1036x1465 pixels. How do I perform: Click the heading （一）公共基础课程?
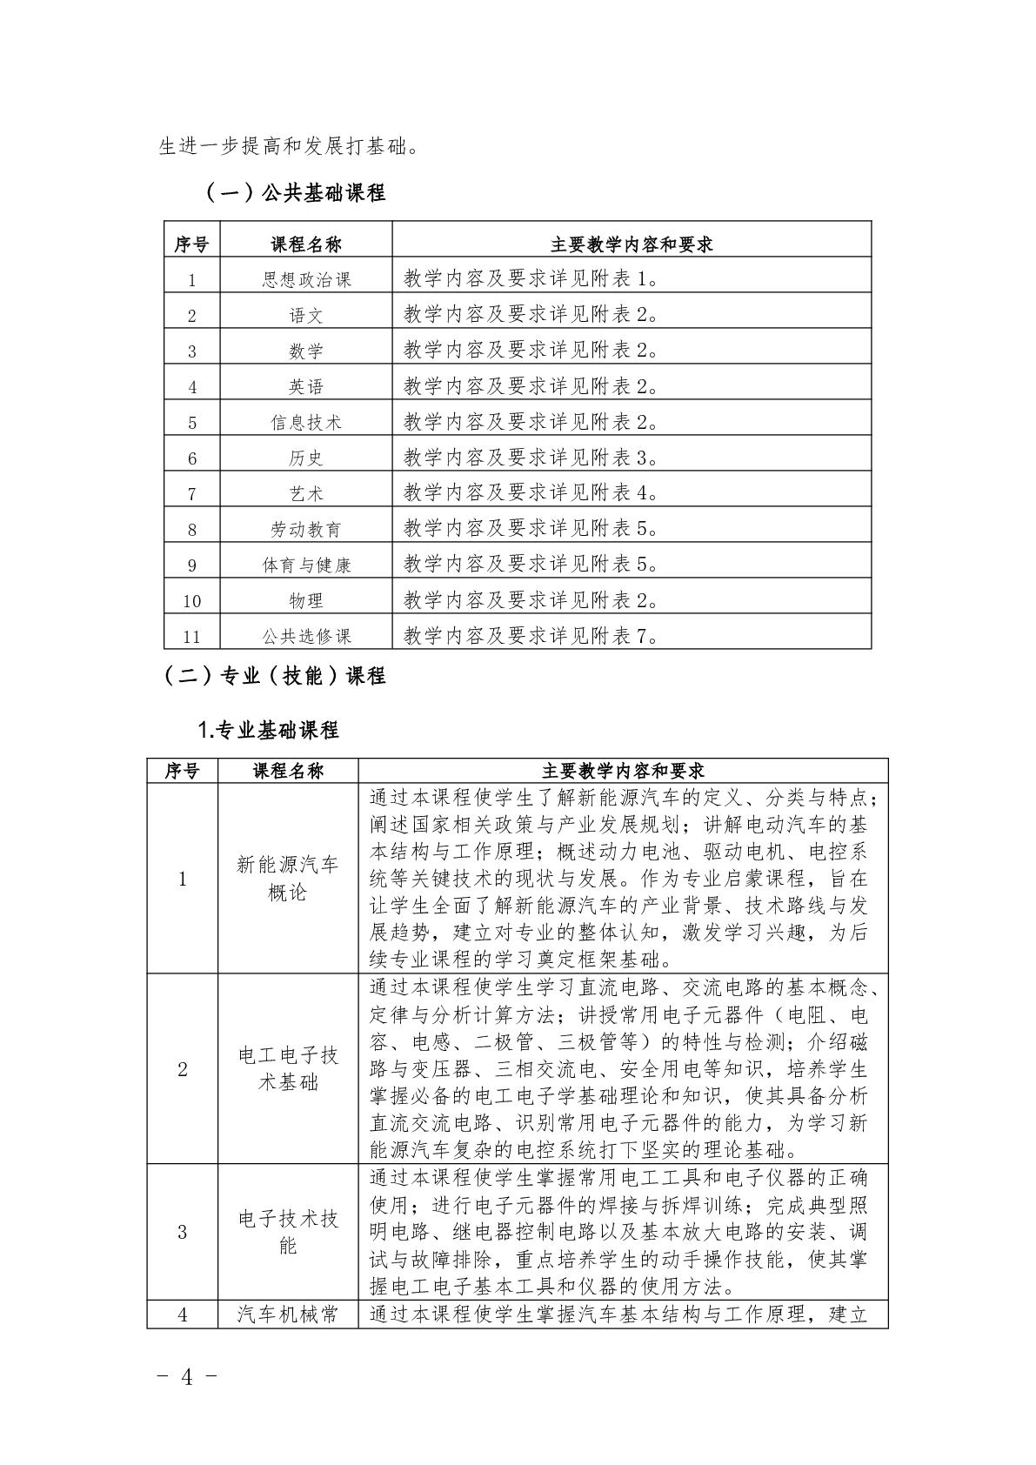[x=295, y=192]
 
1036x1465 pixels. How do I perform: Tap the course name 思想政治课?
[x=306, y=279]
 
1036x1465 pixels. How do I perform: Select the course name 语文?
[x=306, y=315]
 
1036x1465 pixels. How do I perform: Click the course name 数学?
[x=306, y=351]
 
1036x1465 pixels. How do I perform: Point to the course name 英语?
[x=306, y=386]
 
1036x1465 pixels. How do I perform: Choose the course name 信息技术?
[x=306, y=422]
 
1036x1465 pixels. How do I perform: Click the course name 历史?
[x=306, y=458]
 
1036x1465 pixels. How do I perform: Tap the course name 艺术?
[x=306, y=493]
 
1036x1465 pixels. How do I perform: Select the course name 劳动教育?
[x=306, y=529]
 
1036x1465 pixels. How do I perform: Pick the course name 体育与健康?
[x=306, y=565]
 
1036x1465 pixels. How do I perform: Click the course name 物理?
[x=306, y=600]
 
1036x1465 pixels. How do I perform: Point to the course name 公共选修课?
[x=306, y=636]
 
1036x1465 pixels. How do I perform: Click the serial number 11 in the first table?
[x=192, y=636]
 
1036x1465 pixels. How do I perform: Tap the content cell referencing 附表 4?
[x=531, y=492]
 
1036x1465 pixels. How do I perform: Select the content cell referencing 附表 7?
[x=531, y=635]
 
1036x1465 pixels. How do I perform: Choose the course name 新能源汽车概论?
[x=288, y=879]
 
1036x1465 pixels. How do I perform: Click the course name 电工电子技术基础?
[x=288, y=1069]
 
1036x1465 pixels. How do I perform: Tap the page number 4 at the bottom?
[x=184, y=1376]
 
